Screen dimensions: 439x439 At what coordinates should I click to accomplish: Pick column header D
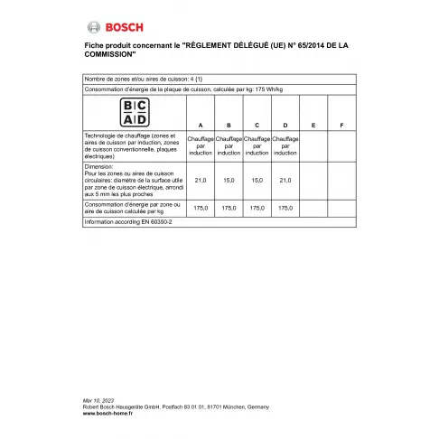point(285,124)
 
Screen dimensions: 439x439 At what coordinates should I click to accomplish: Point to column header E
point(313,124)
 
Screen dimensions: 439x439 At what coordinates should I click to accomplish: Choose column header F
point(341,124)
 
